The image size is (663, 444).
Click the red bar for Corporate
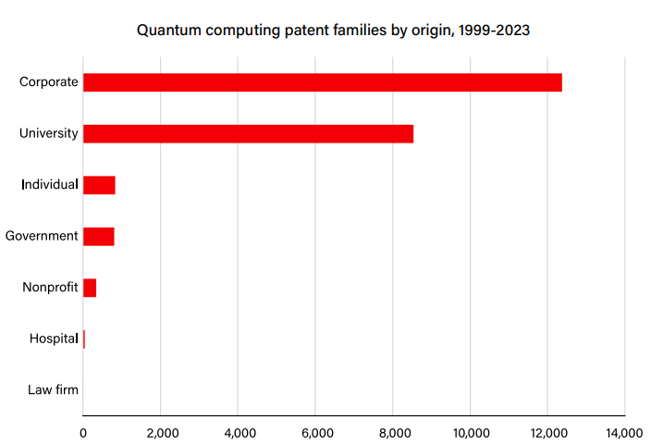click(323, 82)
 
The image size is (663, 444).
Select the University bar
click(248, 133)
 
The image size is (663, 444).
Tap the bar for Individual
click(99, 185)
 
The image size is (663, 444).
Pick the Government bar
click(98, 236)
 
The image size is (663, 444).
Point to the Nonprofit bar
click(90, 288)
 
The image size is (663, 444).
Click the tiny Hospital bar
click(84, 339)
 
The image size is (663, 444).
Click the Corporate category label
click(49, 82)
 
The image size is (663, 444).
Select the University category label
click(49, 133)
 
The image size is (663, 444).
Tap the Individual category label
click(50, 185)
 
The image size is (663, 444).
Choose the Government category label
click(42, 236)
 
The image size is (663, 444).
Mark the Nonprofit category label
click(50, 288)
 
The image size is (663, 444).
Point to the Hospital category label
click(54, 339)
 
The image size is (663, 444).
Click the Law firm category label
click(54, 390)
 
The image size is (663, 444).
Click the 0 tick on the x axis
click(83, 432)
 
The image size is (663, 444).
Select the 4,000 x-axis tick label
click(238, 432)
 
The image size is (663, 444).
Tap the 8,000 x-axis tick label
click(393, 432)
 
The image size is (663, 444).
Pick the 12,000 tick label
click(546, 432)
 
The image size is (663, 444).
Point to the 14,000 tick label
click(624, 432)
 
